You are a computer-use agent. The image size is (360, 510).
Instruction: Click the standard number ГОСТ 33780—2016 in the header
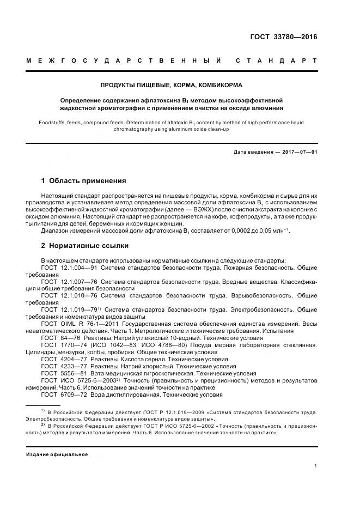283,38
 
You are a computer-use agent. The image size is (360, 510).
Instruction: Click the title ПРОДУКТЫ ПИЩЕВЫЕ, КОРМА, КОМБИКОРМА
172,86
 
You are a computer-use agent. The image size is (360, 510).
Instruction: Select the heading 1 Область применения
84,180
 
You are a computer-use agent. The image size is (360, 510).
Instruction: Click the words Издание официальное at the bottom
57,454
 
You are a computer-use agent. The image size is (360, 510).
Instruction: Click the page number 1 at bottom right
315,465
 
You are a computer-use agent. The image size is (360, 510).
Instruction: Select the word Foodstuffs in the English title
53,123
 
